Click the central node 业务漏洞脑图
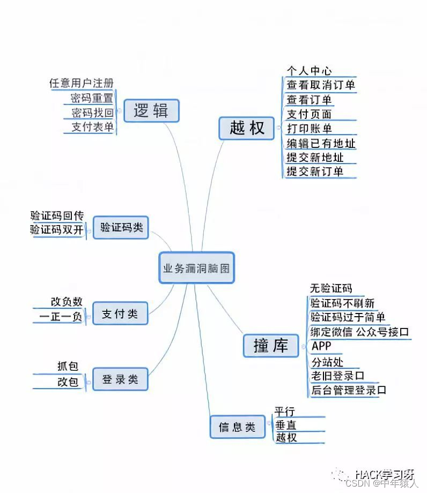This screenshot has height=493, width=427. (x=197, y=268)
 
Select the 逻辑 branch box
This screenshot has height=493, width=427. (x=151, y=111)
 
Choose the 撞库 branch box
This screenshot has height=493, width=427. (x=271, y=346)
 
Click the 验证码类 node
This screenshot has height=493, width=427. (x=121, y=227)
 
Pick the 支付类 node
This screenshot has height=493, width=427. (x=120, y=314)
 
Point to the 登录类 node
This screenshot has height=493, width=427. (x=120, y=380)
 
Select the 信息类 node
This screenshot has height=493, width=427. (x=237, y=427)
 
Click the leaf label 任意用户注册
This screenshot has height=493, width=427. (x=81, y=84)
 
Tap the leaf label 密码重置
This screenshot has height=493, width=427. (x=92, y=98)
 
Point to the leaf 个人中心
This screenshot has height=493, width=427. (x=309, y=71)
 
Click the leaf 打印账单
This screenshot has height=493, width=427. (x=309, y=129)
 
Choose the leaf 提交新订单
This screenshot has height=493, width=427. (x=315, y=172)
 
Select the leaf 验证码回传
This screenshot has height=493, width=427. (x=57, y=216)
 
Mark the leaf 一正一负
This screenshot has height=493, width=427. (x=61, y=317)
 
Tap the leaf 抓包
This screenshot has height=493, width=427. (x=68, y=367)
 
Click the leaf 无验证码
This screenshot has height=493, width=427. (x=331, y=288)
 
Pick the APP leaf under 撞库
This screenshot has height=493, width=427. (x=321, y=346)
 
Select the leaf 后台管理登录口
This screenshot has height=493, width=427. (x=349, y=390)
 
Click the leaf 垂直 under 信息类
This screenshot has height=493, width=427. (x=285, y=425)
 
